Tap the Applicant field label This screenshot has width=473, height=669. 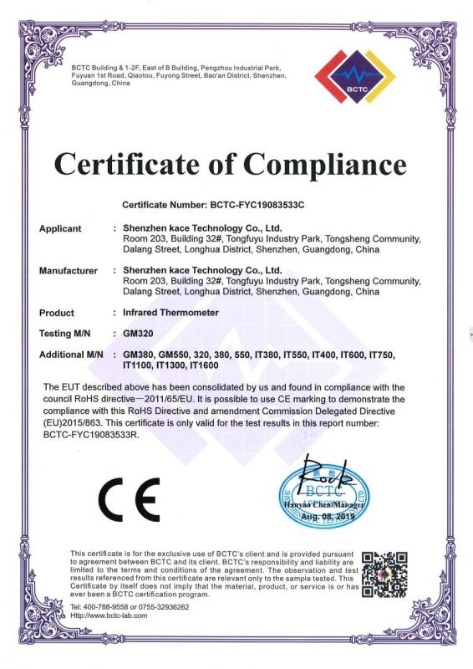pyautogui.click(x=60, y=228)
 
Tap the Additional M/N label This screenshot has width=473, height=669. pyautogui.click(x=71, y=355)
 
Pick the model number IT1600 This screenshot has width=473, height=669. pyautogui.click(x=205, y=365)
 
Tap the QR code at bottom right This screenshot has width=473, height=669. pyautogui.click(x=384, y=574)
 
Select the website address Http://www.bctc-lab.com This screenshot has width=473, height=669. pyautogui.click(x=109, y=615)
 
